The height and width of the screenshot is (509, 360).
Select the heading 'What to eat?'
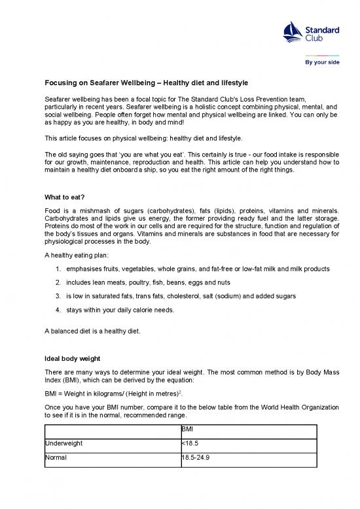(x=64, y=197)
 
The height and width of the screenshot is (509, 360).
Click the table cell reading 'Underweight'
(x=63, y=443)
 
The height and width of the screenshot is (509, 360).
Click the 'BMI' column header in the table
(x=189, y=430)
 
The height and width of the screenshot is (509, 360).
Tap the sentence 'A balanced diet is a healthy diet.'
(x=92, y=330)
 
